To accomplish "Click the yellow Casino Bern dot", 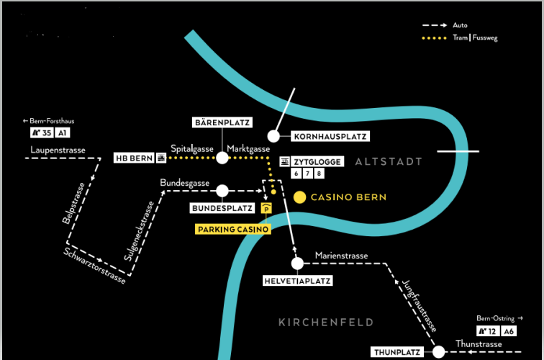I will [300, 197].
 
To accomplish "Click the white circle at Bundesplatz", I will [222, 191].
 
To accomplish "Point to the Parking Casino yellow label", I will [233, 230].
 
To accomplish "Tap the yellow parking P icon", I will [266, 209].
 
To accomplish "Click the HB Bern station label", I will [139, 158].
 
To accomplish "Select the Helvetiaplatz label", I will [297, 281].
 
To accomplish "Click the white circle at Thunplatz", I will [438, 352].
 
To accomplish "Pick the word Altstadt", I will [388, 162].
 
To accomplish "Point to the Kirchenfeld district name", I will [326, 322].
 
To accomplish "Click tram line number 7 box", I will [307, 174].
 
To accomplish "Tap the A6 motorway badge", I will [508, 331].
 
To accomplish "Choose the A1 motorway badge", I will [63, 133].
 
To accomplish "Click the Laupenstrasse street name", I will [58, 150].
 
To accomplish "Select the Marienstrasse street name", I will [341, 256].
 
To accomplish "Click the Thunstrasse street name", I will [479, 344].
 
